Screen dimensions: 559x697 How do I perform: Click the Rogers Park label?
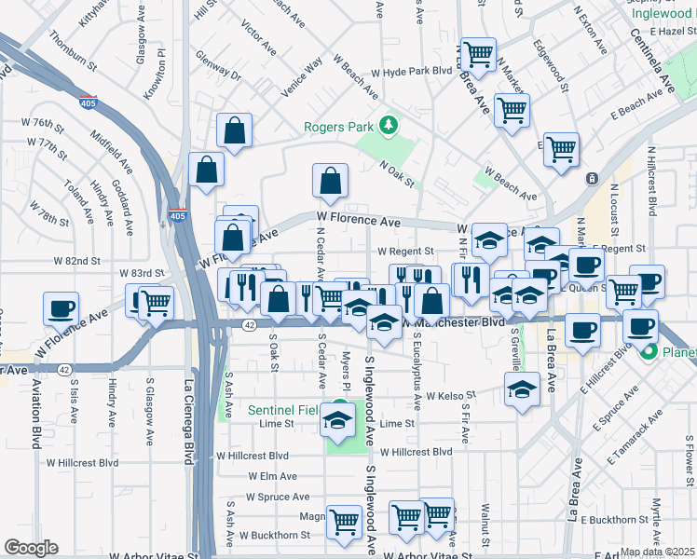click(338, 127)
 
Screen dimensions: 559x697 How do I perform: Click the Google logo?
click(30, 548)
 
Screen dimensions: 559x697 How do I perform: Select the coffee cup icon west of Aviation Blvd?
click(61, 307)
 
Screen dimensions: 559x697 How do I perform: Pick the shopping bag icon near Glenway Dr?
click(235, 132)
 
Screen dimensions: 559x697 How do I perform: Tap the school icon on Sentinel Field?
click(337, 421)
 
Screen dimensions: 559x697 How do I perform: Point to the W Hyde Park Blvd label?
click(411, 72)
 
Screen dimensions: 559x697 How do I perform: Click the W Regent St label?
click(405, 252)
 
